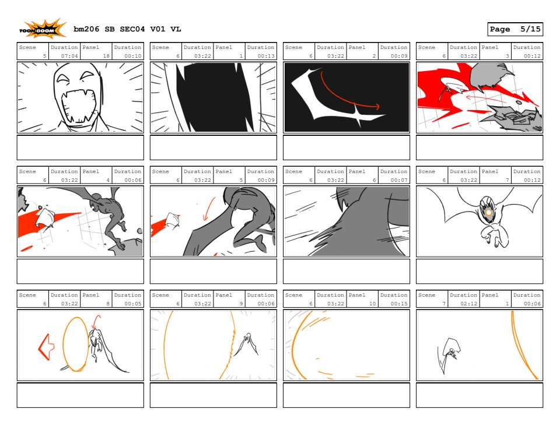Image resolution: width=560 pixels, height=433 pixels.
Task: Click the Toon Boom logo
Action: pos(43,29)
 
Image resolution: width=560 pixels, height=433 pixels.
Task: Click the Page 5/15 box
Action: pos(515,29)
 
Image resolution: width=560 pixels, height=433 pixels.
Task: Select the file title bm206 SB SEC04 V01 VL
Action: pos(127,29)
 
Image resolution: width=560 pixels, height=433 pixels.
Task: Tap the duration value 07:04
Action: pos(69,56)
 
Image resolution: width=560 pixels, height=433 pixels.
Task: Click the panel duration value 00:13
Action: pos(266,56)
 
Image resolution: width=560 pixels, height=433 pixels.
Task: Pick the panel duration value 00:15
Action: pos(399,304)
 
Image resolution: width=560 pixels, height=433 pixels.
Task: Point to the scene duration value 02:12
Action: pos(468,304)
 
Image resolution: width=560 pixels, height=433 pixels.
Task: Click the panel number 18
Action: pos(106,56)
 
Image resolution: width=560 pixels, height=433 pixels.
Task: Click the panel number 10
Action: pos(373,304)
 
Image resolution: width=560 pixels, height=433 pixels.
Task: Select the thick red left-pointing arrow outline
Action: pos(46,347)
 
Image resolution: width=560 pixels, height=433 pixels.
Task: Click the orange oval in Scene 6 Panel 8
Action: pos(75,344)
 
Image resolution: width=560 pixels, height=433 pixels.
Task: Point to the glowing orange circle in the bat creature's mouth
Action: pos(489,213)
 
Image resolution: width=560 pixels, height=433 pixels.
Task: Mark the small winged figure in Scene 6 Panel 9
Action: pos(246,344)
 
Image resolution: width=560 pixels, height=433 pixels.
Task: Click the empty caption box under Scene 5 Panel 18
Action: pos(80,147)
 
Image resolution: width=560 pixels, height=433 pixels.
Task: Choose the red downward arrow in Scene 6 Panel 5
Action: pos(209,209)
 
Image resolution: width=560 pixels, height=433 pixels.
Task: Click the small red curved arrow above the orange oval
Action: pos(96,322)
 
